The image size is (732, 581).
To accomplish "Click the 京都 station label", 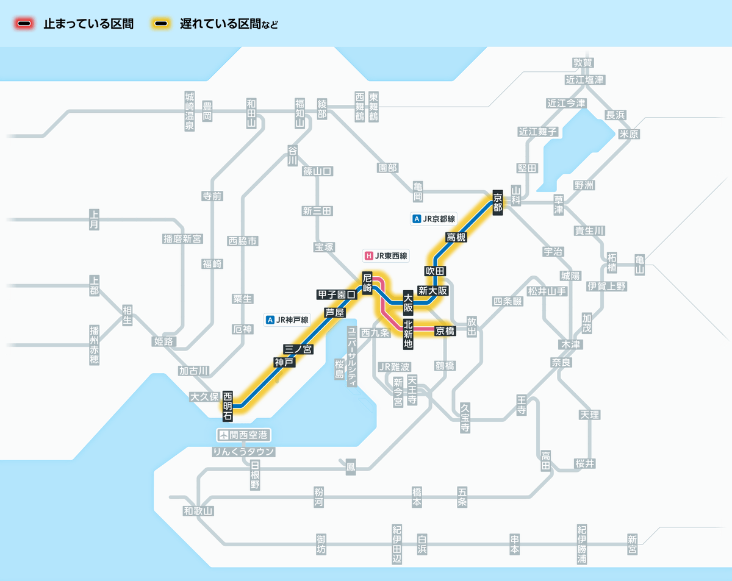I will (498, 201).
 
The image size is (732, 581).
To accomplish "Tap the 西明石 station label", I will (228, 405).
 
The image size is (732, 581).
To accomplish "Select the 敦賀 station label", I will (583, 62).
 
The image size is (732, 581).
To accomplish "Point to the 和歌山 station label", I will (199, 511).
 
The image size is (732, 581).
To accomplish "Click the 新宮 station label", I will (632, 544).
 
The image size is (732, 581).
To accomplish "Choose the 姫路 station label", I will (164, 341).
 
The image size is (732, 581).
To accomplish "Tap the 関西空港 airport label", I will (244, 435).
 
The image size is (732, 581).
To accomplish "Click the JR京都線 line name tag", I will (435, 218).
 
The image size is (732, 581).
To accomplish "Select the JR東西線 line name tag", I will (386, 256).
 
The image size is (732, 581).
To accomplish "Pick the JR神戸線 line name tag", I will (288, 319).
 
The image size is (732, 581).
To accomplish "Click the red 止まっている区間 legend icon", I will (25, 24).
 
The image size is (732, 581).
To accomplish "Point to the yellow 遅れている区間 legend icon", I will (162, 24).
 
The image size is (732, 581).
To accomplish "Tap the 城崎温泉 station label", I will (190, 111).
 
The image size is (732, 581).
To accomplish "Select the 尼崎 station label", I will (367, 283).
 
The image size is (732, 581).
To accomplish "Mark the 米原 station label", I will (629, 134).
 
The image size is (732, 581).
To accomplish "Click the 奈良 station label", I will (561, 362).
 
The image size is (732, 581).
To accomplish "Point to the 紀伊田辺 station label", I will (397, 544).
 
